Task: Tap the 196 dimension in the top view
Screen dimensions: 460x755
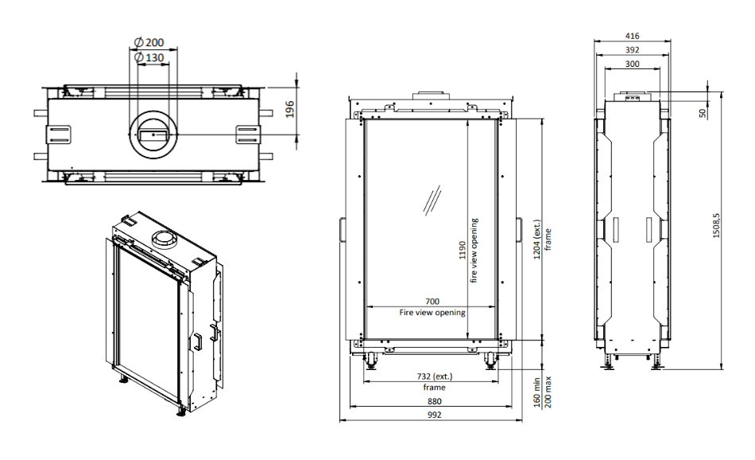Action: (290, 110)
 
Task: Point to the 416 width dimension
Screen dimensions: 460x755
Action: (633, 36)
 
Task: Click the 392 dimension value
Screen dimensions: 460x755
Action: (633, 49)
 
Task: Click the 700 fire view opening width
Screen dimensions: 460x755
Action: (432, 302)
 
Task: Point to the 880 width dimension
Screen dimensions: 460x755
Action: (434, 402)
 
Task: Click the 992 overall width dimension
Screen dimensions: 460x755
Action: (434, 415)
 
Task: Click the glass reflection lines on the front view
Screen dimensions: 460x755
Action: (433, 199)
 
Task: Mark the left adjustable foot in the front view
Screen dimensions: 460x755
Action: (372, 363)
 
